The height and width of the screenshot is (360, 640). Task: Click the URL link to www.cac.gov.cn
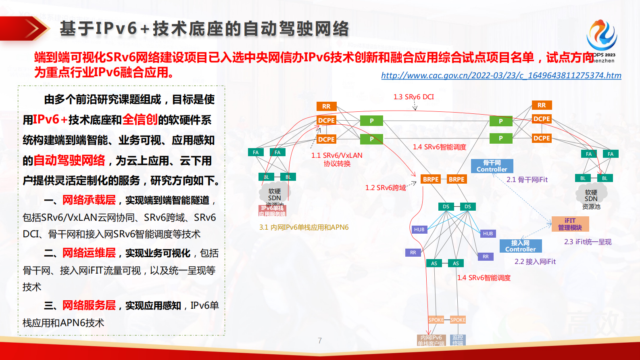501,75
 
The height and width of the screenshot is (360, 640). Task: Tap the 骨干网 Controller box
492,166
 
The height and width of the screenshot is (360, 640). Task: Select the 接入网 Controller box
520,246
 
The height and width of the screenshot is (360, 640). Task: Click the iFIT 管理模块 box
570,224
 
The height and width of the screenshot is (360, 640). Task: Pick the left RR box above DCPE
326,106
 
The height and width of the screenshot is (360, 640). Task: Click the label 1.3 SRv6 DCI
413,97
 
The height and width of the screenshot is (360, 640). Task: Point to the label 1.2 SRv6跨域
385,188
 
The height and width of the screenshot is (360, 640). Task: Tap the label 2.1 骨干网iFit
527,180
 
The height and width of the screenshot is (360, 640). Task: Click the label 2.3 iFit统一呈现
588,242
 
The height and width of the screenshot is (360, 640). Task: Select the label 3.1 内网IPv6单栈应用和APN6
304,227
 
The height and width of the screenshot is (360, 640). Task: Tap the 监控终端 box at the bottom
458,340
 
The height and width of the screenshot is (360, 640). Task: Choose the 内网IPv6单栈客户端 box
431,340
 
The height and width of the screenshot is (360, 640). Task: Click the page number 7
320,341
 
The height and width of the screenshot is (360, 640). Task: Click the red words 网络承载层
89,200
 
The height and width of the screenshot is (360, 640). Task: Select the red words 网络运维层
89,253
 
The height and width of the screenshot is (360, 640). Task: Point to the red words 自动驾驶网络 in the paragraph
69,160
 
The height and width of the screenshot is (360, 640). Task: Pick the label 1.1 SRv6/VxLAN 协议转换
337,159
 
